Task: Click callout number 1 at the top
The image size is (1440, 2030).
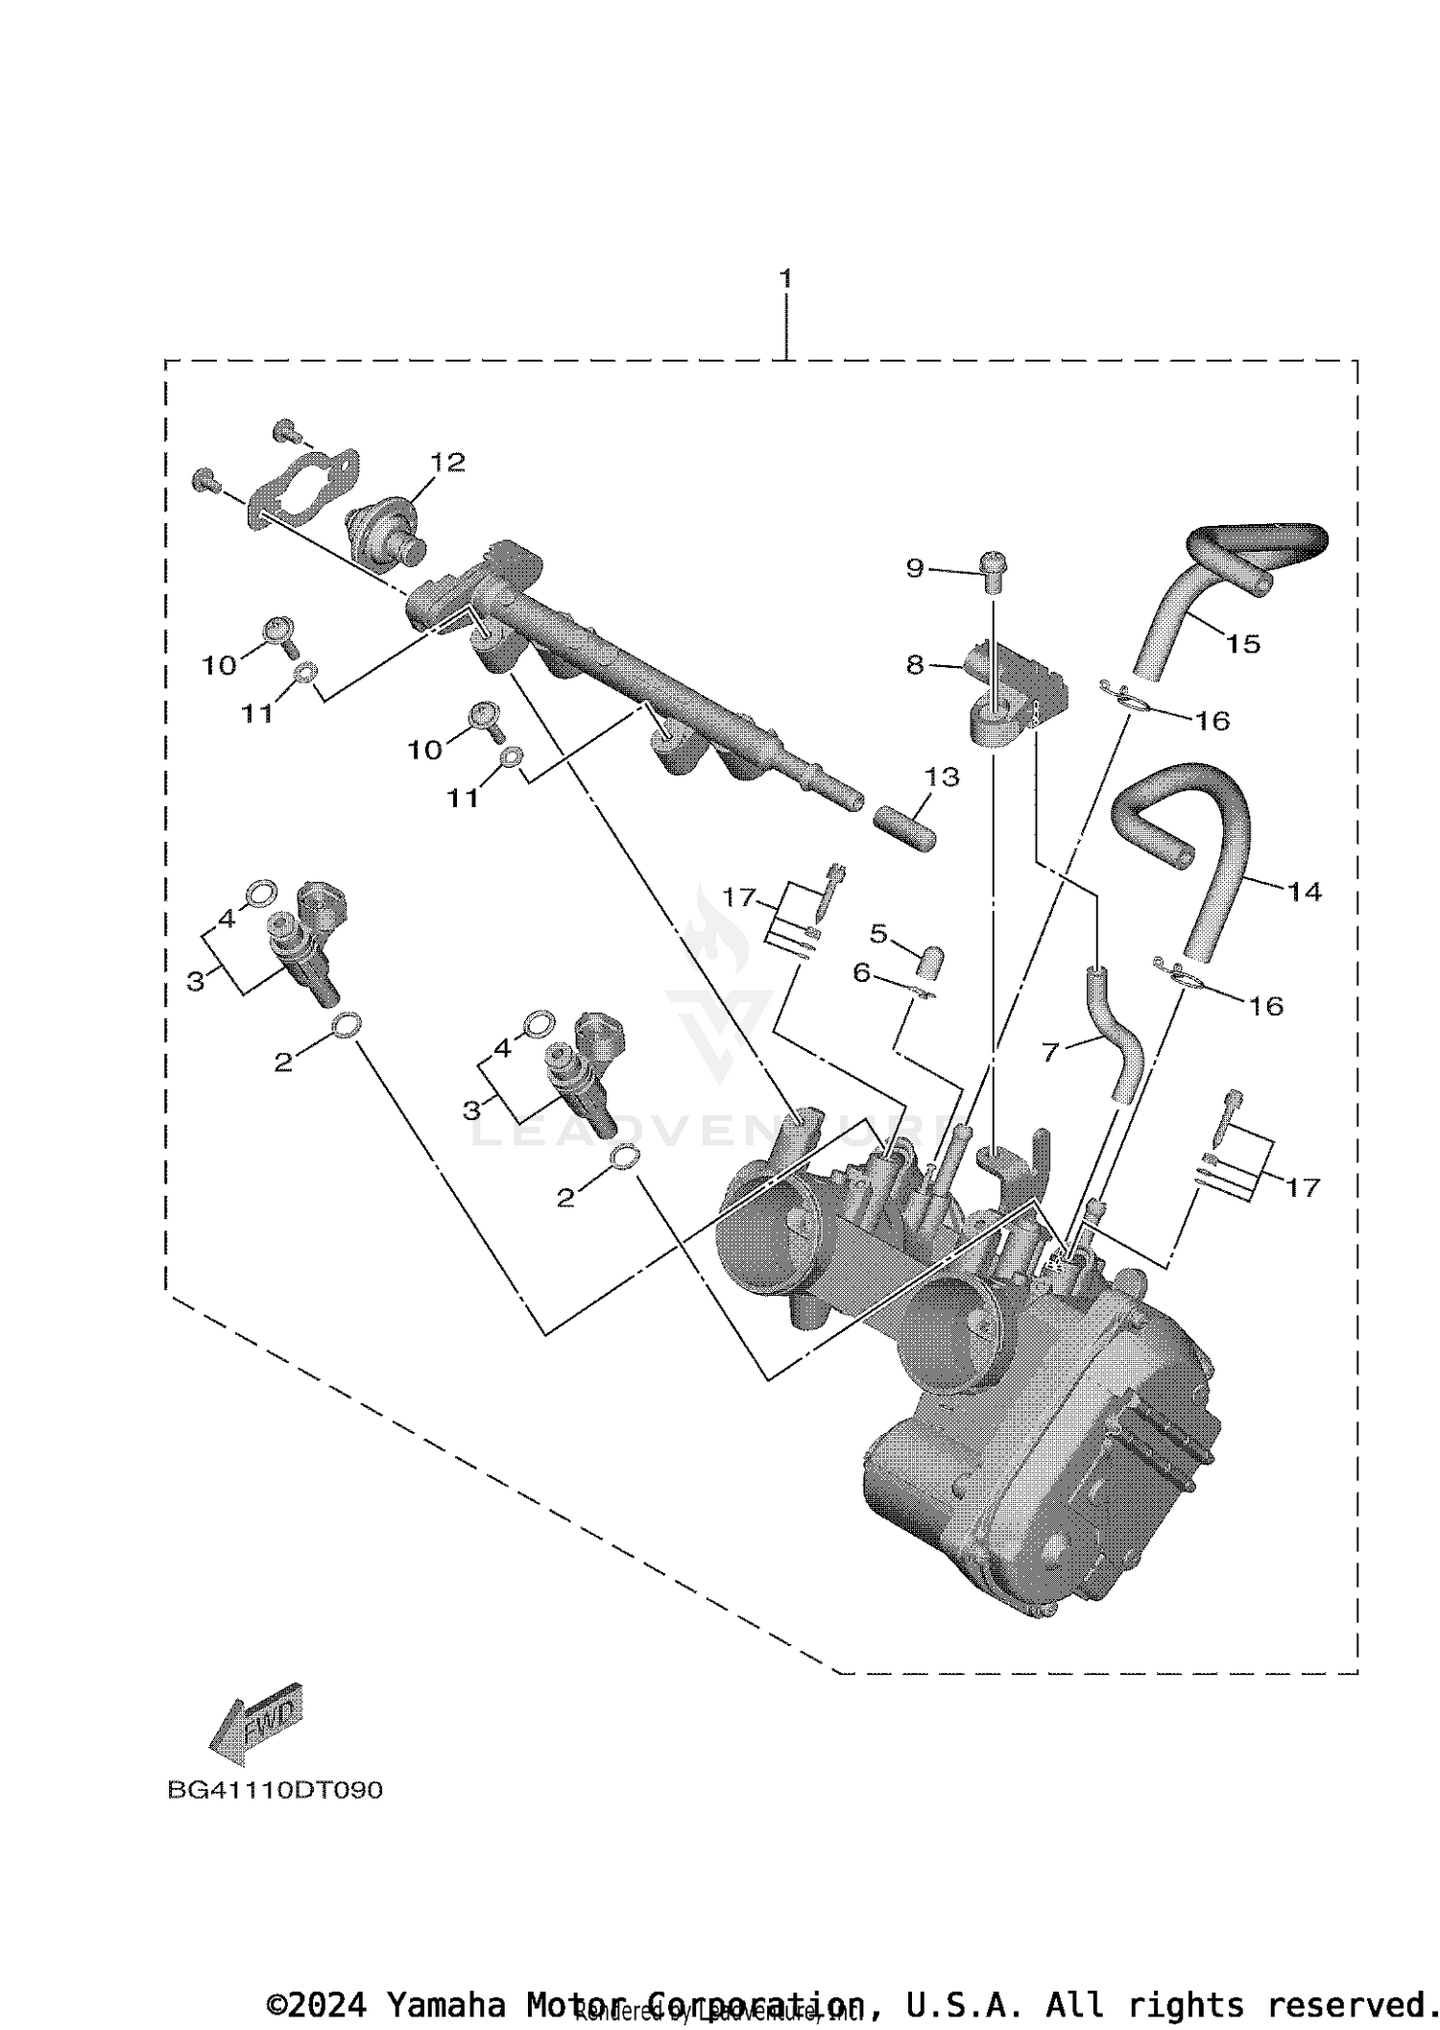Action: click(785, 278)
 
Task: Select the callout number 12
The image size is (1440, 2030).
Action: click(447, 463)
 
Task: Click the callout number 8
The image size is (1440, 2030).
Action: click(915, 664)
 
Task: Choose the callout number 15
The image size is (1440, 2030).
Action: click(1243, 643)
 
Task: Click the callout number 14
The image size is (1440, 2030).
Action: click(1305, 892)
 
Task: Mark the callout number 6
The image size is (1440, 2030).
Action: click(861, 973)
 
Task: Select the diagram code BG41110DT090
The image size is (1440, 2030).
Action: click(275, 1790)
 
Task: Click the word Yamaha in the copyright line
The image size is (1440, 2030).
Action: click(445, 2004)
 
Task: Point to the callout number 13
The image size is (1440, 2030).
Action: click(942, 776)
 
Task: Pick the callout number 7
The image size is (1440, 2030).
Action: click(1050, 1053)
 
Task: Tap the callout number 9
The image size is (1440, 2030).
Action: click(915, 568)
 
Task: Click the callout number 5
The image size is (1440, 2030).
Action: click(878, 932)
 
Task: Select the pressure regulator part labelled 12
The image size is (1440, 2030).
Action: click(389, 528)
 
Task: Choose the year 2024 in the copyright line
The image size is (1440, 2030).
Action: click(326, 2004)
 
